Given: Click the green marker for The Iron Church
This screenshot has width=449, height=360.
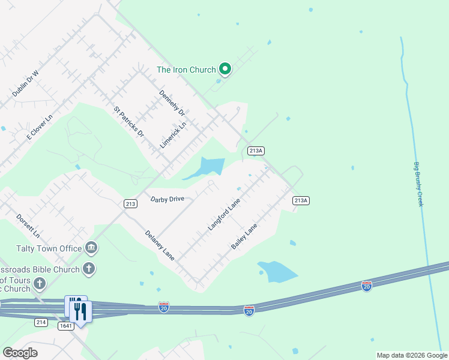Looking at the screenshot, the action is [x=225, y=70].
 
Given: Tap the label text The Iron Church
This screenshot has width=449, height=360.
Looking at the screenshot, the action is [x=186, y=70].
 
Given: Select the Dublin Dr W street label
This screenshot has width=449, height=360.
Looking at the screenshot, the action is [x=25, y=84].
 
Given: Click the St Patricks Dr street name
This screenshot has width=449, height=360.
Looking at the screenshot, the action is [x=129, y=122].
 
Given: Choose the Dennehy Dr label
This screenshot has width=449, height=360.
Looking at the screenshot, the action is [x=171, y=103].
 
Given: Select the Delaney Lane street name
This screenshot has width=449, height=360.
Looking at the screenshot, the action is [x=160, y=245].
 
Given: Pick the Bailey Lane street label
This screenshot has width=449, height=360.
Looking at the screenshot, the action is [x=244, y=236].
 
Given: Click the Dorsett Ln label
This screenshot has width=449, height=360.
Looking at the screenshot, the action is [x=28, y=226].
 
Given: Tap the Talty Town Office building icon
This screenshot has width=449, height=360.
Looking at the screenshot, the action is [x=91, y=247].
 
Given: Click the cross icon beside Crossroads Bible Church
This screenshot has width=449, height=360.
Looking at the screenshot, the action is [x=89, y=268].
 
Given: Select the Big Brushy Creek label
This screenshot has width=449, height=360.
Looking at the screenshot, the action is [x=418, y=185].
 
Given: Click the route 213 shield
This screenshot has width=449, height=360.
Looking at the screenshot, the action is [x=130, y=204].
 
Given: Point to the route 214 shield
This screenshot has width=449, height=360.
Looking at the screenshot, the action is [x=41, y=322].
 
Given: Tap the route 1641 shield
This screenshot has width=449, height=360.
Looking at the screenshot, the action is [x=66, y=326].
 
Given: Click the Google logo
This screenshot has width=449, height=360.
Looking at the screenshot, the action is [x=20, y=353].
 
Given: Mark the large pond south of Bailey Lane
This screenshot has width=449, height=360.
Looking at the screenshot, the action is [x=277, y=272].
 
